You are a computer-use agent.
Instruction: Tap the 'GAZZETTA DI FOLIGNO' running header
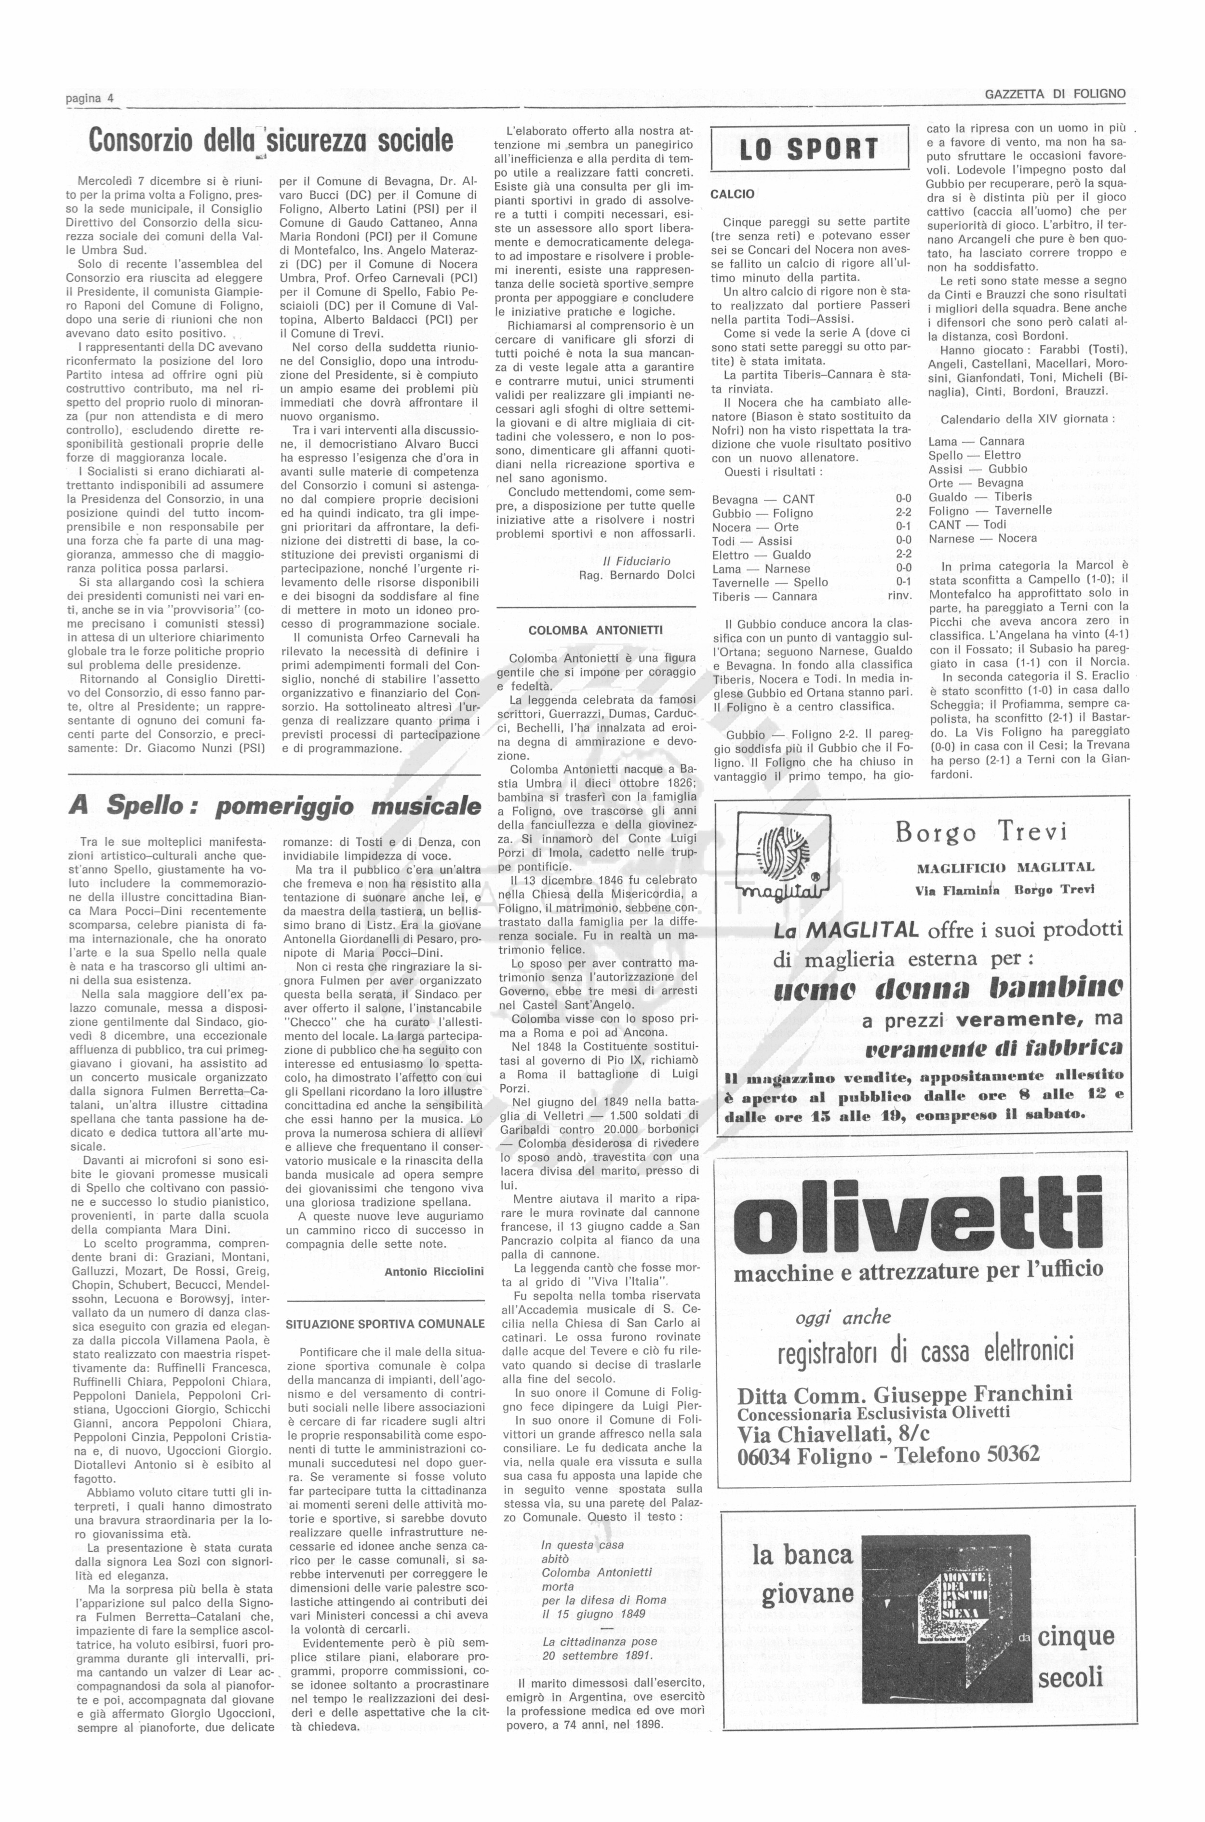(1055, 95)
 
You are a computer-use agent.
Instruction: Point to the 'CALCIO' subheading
(732, 194)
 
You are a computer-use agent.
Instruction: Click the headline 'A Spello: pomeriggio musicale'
(274, 806)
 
